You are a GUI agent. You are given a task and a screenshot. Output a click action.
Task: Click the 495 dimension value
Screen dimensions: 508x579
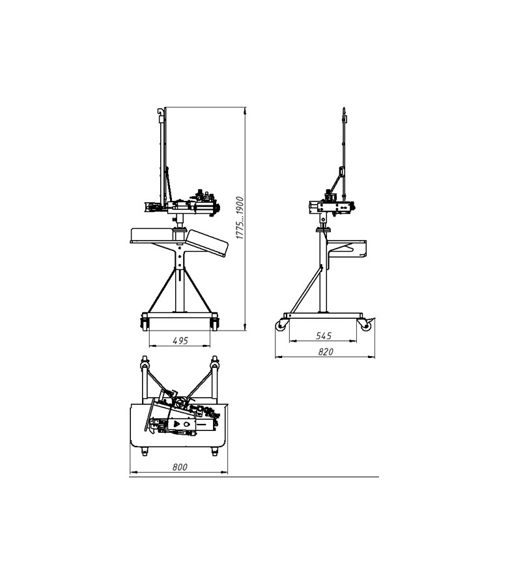coord(180,340)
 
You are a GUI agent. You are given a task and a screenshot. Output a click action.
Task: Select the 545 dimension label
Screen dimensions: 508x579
coord(324,336)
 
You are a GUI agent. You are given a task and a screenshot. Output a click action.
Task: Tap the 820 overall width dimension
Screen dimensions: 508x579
coord(326,351)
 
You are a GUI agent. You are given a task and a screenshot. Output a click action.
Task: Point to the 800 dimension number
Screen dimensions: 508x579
coord(180,467)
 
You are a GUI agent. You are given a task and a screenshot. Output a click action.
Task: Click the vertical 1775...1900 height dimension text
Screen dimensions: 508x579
coord(240,218)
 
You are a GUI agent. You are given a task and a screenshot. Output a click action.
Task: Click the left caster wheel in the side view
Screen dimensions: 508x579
coord(282,324)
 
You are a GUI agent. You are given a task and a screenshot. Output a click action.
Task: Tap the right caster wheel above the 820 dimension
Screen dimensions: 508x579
coord(366,324)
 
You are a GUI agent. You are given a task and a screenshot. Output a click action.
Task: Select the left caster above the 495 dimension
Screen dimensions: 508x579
coord(144,321)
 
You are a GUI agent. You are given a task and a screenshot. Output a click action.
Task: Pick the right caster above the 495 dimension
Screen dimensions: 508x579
coord(214,321)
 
